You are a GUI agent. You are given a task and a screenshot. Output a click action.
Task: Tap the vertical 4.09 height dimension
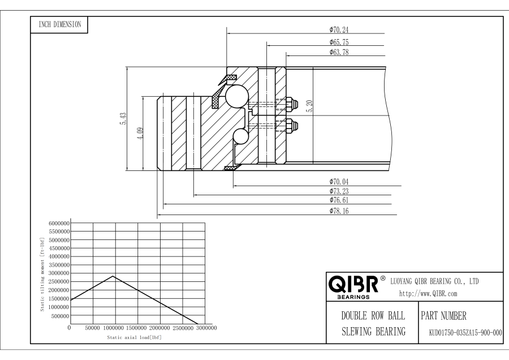pos(141,134)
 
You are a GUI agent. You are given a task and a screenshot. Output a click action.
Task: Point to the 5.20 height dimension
pos(309,106)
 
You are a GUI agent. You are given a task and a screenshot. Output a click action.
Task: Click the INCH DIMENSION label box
pos(58,24)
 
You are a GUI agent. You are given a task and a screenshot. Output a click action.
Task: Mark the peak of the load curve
pos(114,276)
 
